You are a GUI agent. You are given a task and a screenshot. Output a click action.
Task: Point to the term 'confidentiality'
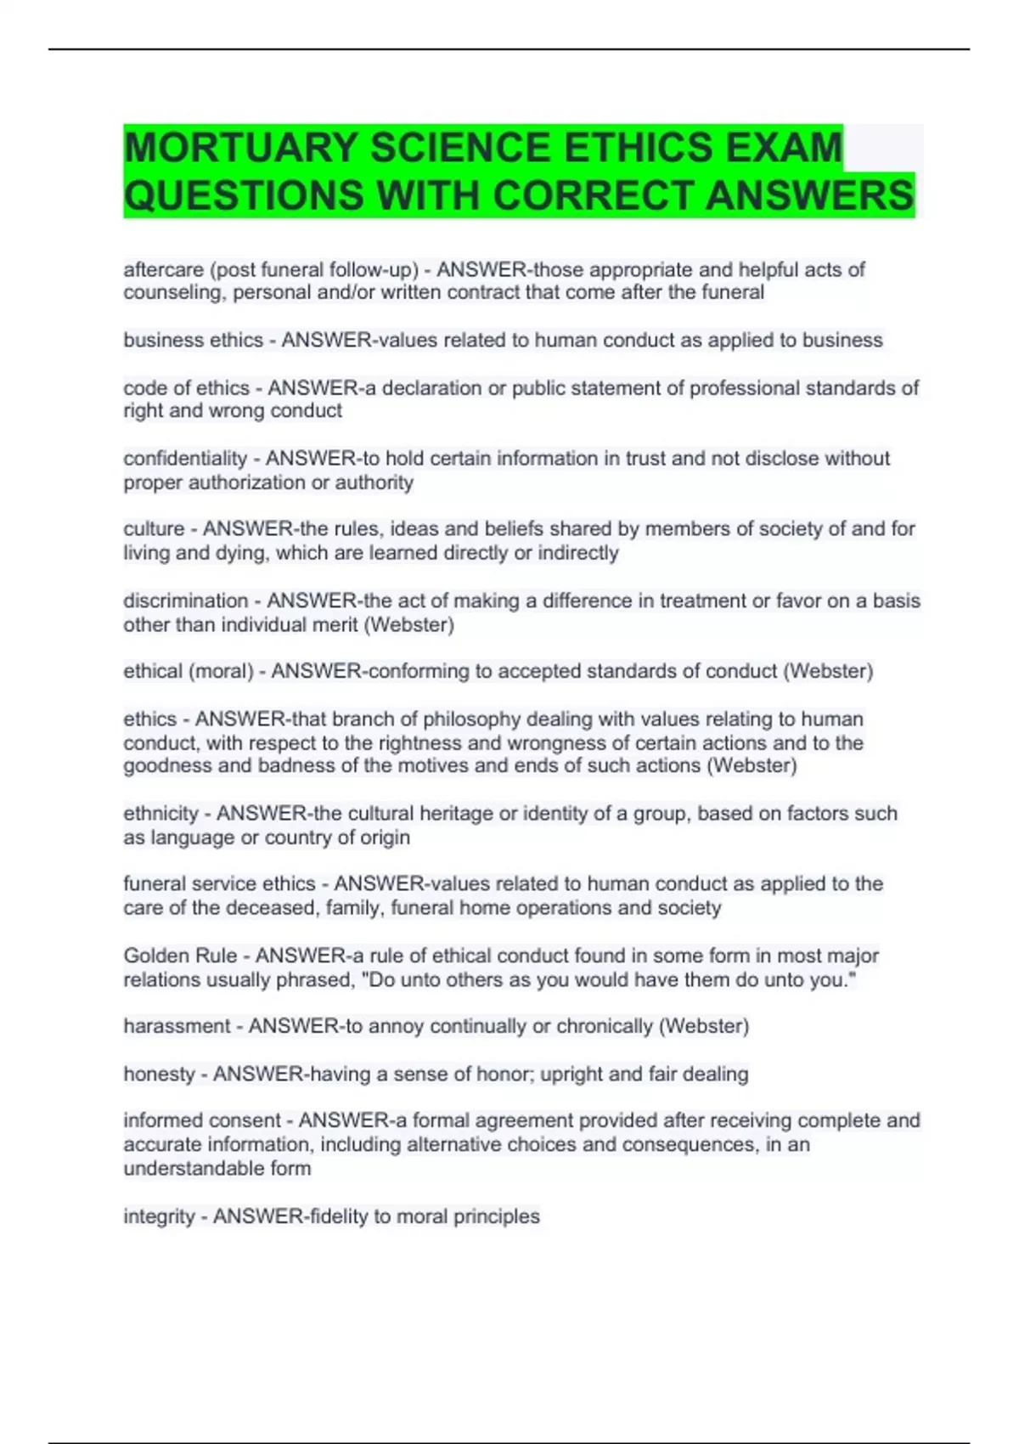pos(184,459)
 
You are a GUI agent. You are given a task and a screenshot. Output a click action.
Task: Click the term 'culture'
pos(154,529)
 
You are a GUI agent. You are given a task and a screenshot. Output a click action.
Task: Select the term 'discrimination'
pos(185,601)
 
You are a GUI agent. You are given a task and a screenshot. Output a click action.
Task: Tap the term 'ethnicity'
pos(160,814)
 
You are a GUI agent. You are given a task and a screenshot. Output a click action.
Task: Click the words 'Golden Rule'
pos(181,956)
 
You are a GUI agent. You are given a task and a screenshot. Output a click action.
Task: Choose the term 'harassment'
pos(177,1026)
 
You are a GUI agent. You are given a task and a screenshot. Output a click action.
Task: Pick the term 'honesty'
pos(159,1075)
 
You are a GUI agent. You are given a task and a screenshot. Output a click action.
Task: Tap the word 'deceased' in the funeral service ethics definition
pos(267,908)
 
